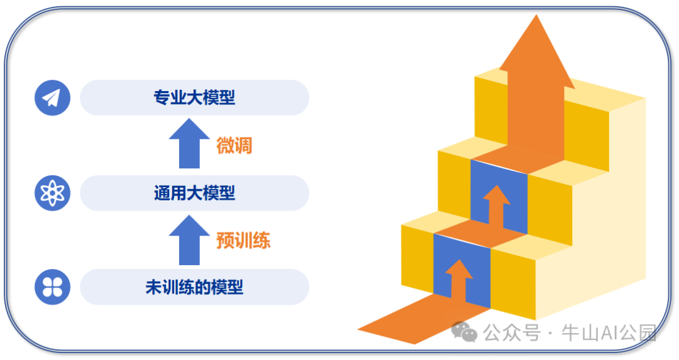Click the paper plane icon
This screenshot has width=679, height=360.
(52, 98)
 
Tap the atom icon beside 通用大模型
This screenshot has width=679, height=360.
(52, 193)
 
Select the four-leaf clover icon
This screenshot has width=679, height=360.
(52, 287)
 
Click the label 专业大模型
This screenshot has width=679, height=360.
(194, 98)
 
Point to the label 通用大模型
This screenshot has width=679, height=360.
(194, 193)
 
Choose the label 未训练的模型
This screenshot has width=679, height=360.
(194, 288)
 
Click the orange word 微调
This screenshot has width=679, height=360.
(234, 146)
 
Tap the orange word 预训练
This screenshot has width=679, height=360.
(243, 241)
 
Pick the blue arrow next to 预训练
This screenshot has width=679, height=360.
(189, 240)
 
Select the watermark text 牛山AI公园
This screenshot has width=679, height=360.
(609, 332)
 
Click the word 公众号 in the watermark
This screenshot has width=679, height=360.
(511, 332)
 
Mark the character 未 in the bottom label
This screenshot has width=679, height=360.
(153, 288)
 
